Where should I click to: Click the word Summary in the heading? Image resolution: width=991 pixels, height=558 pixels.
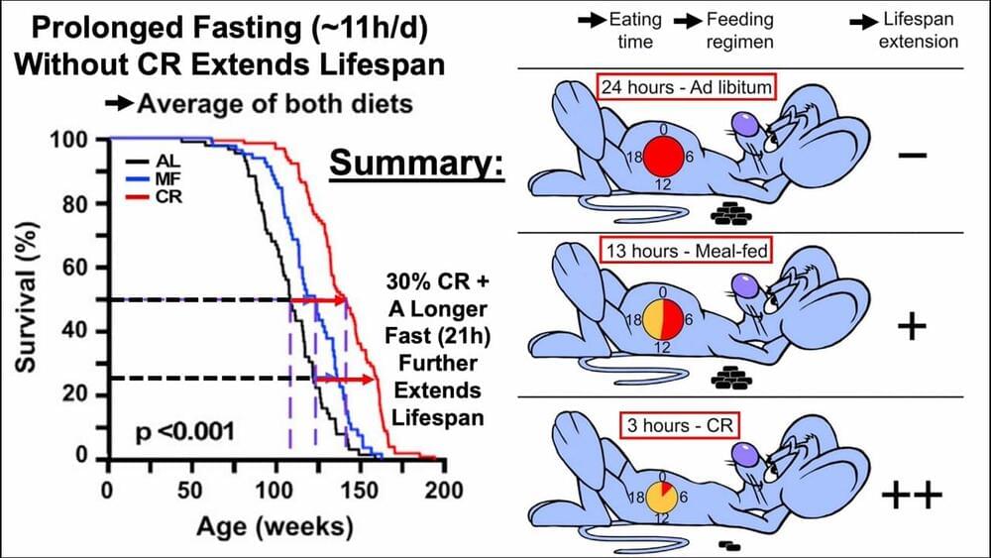pyautogui.click(x=416, y=163)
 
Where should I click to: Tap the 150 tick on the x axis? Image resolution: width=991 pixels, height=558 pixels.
pyautogui.click(x=362, y=490)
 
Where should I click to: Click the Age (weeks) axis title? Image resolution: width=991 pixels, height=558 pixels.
pyautogui.click(x=275, y=524)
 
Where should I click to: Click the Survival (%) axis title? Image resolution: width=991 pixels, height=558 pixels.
pyautogui.click(x=30, y=298)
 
